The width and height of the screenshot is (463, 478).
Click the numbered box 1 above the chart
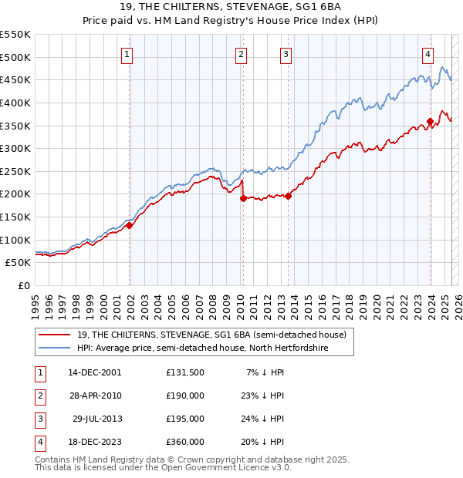tap(127, 54)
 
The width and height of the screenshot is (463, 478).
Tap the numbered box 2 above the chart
tap(242, 54)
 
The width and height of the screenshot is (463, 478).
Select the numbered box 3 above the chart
tap(286, 54)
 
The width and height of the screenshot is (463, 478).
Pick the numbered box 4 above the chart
tap(428, 54)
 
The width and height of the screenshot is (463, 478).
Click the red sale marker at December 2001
tap(130, 225)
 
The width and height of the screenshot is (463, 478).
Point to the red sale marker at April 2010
tap(243, 198)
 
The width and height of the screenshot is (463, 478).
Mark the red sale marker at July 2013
tap(288, 196)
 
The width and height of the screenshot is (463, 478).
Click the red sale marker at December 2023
tap(430, 120)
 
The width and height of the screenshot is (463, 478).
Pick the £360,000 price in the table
tap(185, 442)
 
